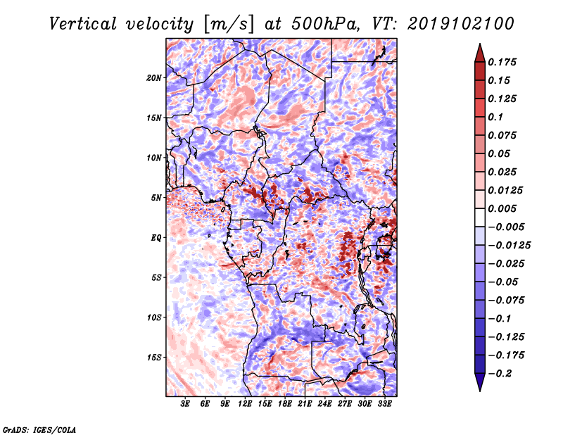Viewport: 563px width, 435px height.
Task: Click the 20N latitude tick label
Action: click(x=154, y=77)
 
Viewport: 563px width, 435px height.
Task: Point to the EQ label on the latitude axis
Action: click(x=156, y=238)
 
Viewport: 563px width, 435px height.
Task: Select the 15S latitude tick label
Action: click(x=154, y=358)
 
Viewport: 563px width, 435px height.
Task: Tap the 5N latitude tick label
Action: click(x=156, y=198)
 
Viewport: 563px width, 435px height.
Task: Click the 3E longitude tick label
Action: click(x=185, y=404)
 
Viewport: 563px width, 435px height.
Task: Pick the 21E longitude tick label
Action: click(x=305, y=404)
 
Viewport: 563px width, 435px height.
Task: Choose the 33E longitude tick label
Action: click(x=384, y=404)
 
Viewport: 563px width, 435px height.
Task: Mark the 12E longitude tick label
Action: click(x=245, y=404)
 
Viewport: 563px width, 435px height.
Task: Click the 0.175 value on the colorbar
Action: click(x=502, y=62)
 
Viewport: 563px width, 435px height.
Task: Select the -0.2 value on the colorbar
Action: click(x=500, y=374)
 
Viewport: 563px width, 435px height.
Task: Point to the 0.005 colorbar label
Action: click(x=502, y=208)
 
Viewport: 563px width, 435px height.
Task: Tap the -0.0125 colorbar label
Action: click(x=509, y=246)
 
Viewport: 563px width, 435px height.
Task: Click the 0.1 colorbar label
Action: click(x=495, y=117)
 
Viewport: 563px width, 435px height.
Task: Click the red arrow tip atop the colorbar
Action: click(x=480, y=44)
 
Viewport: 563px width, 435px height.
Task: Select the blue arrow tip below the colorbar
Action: click(x=480, y=391)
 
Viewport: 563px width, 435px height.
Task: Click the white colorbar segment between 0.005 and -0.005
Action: click(x=480, y=217)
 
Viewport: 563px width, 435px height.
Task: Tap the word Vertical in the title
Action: click(x=83, y=24)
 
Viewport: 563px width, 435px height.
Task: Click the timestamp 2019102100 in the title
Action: click(x=461, y=24)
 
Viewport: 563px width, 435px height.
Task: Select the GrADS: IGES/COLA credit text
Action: click(x=39, y=430)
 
